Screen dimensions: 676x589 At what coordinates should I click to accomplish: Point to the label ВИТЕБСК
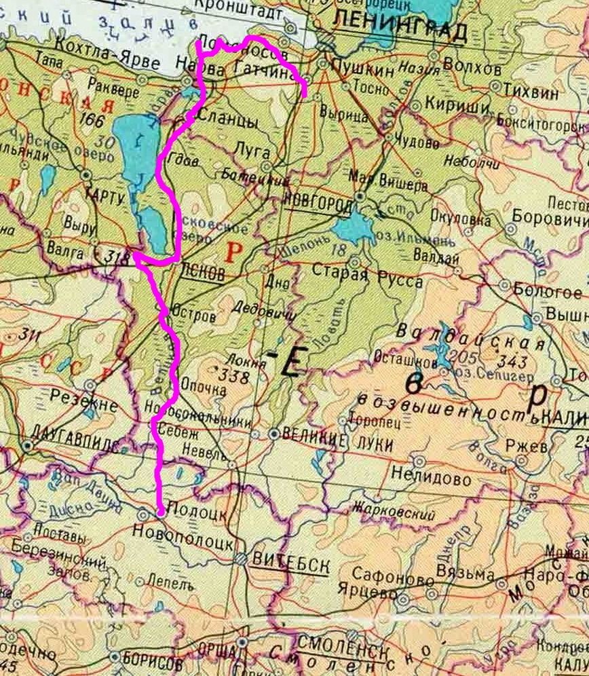tap(290, 561)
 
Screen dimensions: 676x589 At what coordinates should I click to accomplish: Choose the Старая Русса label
tap(367, 280)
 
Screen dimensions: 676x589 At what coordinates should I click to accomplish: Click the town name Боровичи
tap(550, 219)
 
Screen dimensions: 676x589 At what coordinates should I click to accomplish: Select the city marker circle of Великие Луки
tap(273, 433)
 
